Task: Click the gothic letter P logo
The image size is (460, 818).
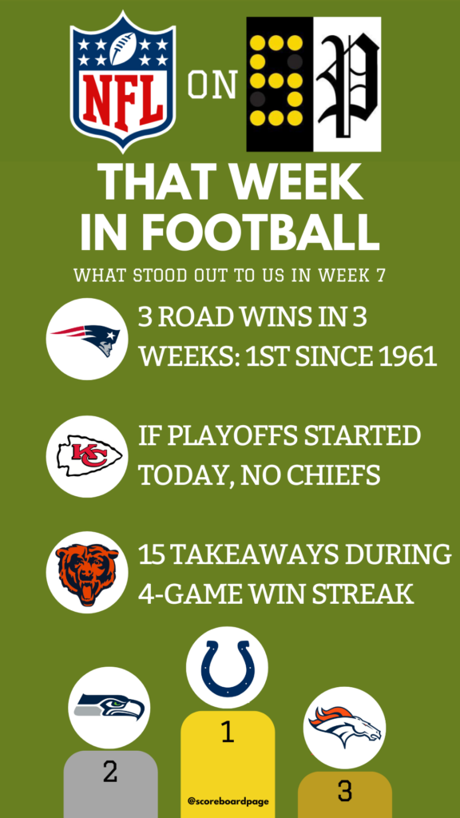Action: (348, 85)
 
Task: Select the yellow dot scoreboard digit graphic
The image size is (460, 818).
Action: (280, 85)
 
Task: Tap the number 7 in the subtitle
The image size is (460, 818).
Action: (380, 276)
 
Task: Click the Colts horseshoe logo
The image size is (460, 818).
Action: (227, 667)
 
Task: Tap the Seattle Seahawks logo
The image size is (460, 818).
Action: (109, 708)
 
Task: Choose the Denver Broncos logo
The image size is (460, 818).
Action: (344, 728)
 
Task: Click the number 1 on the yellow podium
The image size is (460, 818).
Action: (227, 733)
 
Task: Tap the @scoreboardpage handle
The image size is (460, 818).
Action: (228, 800)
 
